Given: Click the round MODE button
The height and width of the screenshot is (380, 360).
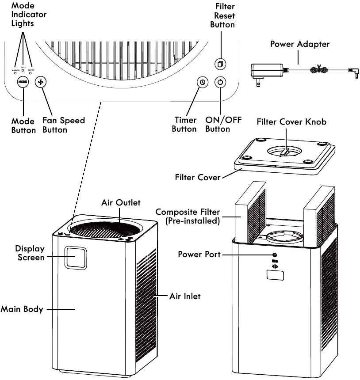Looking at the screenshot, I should pos(23,83).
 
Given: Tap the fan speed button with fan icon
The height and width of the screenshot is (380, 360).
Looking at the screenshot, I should pos(41,83).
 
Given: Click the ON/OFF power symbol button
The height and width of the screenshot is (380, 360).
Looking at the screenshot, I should pos(221,82).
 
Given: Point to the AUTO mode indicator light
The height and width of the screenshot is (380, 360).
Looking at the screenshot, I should pos(23,71).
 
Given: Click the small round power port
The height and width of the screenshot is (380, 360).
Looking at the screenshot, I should pos(275,255).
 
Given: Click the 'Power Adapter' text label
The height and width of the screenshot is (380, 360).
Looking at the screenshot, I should pos(300,44).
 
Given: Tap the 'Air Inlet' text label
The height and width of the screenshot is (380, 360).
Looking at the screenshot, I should pos(185,296).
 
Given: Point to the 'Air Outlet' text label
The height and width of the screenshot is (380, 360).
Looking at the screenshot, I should pos(120,203).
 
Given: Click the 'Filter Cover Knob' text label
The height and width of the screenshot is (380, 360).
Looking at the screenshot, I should pos(291,122).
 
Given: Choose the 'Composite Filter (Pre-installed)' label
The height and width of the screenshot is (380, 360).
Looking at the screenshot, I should pos(188,217).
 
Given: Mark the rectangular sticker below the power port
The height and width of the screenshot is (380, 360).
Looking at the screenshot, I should pos(275,275).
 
